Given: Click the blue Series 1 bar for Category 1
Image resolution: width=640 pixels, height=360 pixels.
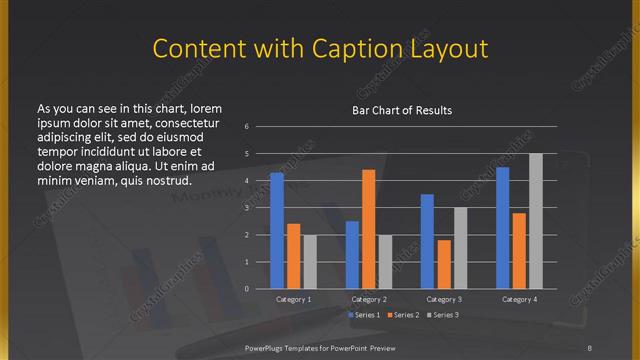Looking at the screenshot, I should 277,231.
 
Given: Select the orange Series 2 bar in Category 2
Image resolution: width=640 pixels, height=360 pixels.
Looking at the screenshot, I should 368,229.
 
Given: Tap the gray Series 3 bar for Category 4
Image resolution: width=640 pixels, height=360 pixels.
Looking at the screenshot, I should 535,221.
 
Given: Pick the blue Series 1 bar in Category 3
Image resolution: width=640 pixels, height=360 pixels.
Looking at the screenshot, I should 427,241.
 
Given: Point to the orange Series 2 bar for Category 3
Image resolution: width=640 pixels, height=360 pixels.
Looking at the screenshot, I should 443,264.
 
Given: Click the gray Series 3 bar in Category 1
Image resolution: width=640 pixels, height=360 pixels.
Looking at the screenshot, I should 309,262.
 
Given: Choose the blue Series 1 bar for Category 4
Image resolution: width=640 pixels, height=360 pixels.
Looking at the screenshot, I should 502,228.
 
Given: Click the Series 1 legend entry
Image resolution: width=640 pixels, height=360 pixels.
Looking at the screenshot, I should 364,315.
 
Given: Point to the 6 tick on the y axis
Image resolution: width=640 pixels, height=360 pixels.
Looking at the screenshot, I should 260,127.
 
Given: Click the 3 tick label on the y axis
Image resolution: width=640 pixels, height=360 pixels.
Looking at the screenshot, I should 260,208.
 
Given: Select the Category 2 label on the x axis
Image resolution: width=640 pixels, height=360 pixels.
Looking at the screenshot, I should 368,299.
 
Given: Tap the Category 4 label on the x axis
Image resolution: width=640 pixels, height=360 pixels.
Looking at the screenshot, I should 518,299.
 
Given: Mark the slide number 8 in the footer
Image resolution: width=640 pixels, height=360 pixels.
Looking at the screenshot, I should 590,347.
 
